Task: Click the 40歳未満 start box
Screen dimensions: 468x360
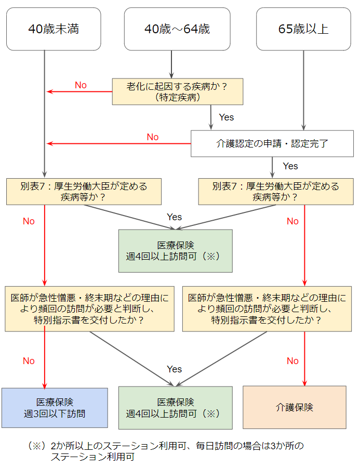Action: coord(54,29)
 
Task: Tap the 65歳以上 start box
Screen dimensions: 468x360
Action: coord(303,29)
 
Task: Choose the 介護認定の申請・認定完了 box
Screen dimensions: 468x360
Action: coord(272,143)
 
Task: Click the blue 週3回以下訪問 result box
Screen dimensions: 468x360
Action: coord(55,408)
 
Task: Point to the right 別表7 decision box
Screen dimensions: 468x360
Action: coord(276,192)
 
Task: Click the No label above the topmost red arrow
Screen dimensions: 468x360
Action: coord(81,85)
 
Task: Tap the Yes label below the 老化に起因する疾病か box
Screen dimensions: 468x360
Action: coord(226,117)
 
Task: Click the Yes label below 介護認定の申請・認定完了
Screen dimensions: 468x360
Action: coord(290,166)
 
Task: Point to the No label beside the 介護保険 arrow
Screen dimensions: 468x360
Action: coord(293,361)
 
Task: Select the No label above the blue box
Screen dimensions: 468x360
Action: coord(29,361)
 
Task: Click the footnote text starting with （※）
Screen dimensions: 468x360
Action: coord(166,451)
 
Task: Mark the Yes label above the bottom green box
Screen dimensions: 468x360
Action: coord(175,369)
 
